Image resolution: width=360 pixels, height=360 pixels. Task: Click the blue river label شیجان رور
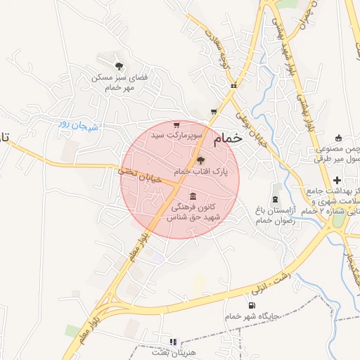(79, 127)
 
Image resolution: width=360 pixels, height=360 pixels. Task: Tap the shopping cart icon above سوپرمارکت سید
(176, 124)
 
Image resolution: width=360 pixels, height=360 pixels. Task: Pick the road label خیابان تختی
(139, 174)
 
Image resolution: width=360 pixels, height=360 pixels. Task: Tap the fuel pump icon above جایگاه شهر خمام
(252, 305)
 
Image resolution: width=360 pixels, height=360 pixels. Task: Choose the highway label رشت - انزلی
(271, 285)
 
